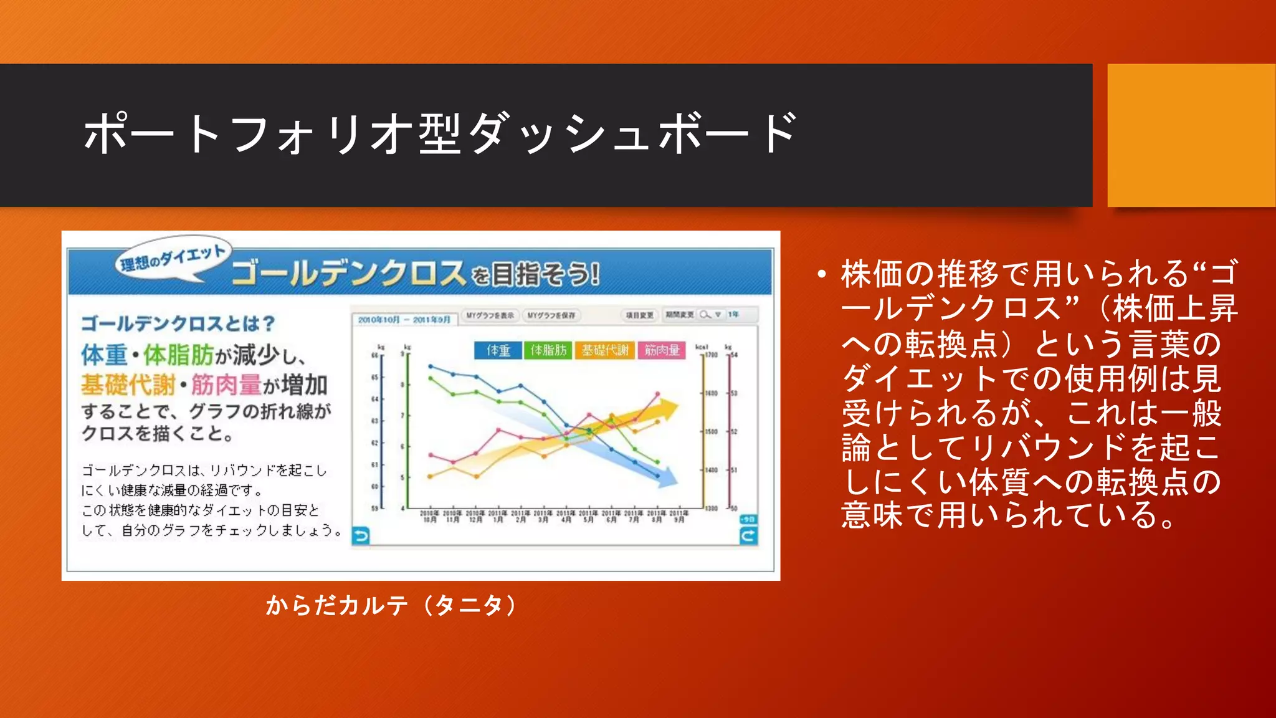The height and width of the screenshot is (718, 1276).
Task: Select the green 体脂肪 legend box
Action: pyautogui.click(x=548, y=350)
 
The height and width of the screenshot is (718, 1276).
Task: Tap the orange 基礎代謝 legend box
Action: pyautogui.click(x=604, y=350)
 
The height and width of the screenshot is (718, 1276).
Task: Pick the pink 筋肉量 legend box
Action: pyautogui.click(x=662, y=350)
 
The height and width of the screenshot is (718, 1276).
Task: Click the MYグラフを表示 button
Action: pyautogui.click(x=490, y=315)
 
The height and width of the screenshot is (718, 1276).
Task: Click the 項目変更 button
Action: pyautogui.click(x=639, y=315)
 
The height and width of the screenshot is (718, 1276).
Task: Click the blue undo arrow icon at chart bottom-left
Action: pyautogui.click(x=361, y=535)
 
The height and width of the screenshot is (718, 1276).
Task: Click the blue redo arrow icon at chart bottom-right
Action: pyautogui.click(x=748, y=535)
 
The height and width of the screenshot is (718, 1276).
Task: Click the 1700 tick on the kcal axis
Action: pyautogui.click(x=711, y=355)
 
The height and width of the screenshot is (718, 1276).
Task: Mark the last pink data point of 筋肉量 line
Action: pyautogui.click(x=657, y=394)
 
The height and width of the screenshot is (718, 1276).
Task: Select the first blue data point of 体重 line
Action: pyautogui.click(x=430, y=366)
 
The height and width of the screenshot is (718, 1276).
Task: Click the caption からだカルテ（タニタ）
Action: pyautogui.click(x=391, y=605)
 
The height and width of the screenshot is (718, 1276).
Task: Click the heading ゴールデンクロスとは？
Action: pyautogui.click(x=178, y=323)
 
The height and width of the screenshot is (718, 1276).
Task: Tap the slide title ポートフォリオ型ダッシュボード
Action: pyautogui.click(x=440, y=133)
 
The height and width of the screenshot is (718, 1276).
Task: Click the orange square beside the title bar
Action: pyautogui.click(x=1191, y=135)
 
